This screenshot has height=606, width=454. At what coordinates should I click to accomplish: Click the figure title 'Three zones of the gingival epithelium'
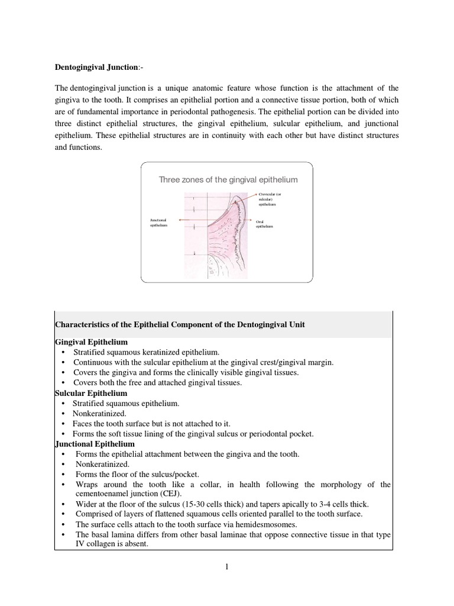tap(228, 179)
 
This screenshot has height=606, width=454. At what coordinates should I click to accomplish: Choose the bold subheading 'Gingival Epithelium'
tap(91, 343)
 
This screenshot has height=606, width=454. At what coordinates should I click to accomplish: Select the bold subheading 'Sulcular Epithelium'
tap(90, 393)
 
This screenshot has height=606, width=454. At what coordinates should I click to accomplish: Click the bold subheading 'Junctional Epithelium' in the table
tap(95, 444)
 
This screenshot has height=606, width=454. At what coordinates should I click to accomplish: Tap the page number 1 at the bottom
tap(226, 566)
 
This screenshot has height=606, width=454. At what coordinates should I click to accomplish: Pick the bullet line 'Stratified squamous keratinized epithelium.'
tap(146, 353)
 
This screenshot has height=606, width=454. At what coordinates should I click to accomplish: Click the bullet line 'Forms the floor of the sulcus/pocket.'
tap(137, 475)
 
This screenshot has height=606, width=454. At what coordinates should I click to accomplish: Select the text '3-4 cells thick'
tap(335, 504)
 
